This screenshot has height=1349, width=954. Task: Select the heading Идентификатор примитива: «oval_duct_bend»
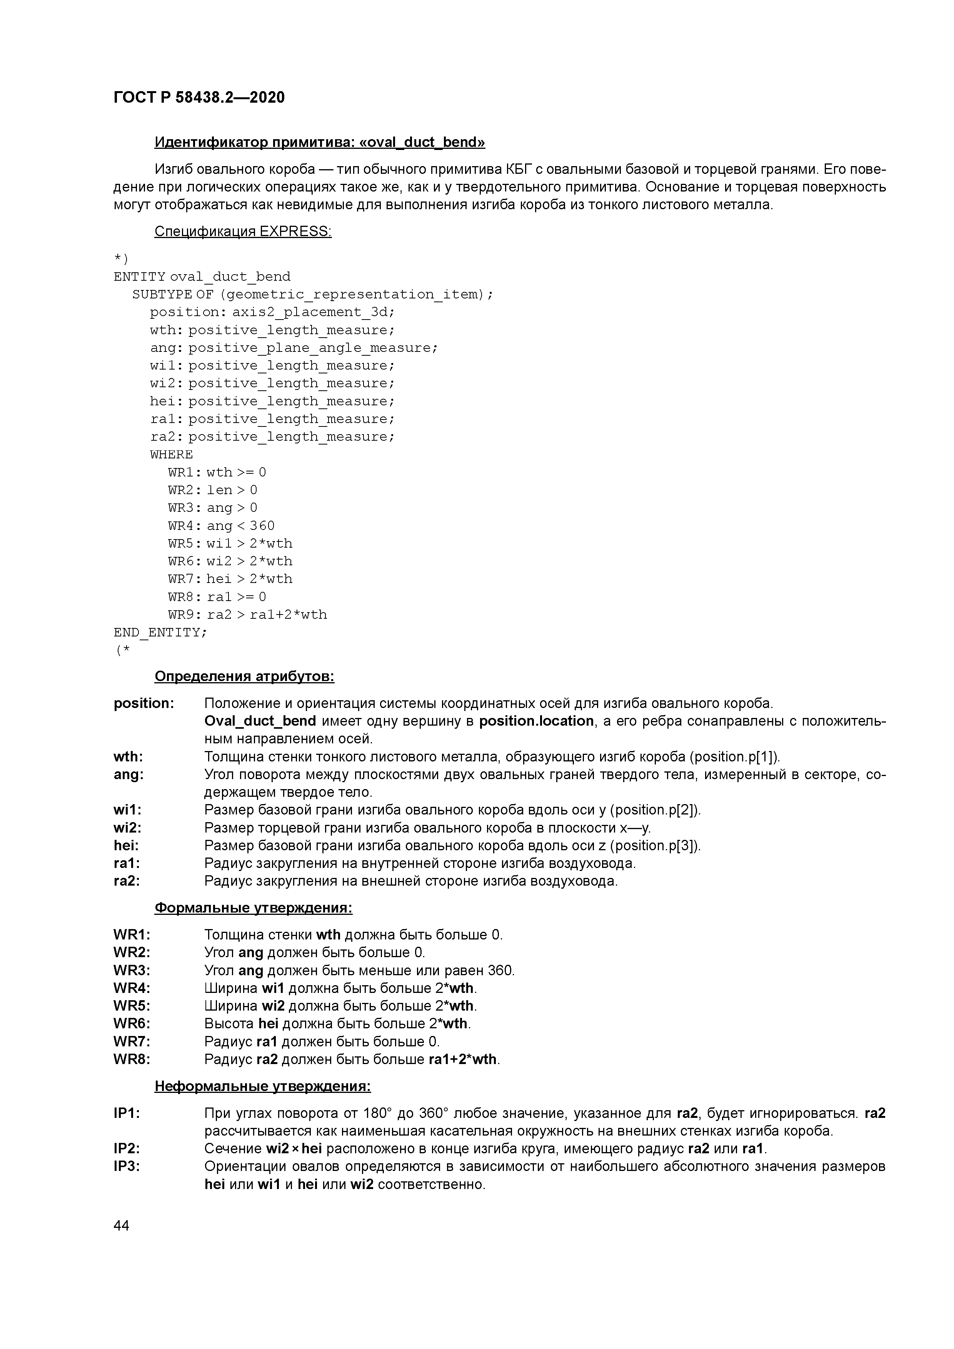pyautogui.click(x=319, y=142)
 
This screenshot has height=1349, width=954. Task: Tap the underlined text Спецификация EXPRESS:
pyautogui.click(x=243, y=231)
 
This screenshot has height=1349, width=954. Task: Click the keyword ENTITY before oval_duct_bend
pyautogui.click(x=139, y=277)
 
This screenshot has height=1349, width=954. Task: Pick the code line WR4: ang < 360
pyautogui.click(x=221, y=526)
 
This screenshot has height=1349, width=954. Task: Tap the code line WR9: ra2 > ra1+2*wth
pyautogui.click(x=247, y=615)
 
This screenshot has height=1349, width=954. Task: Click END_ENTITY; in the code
pyautogui.click(x=160, y=633)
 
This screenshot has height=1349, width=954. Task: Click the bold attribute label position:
pyautogui.click(x=143, y=704)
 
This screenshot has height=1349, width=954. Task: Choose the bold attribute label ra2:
pyautogui.click(x=127, y=881)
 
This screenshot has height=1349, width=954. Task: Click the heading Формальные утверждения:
pyautogui.click(x=254, y=908)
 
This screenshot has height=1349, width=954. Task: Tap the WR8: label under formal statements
pyautogui.click(x=132, y=1060)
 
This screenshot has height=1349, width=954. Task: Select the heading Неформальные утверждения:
pyautogui.click(x=262, y=1087)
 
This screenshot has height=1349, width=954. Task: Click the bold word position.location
pyautogui.click(x=536, y=721)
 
